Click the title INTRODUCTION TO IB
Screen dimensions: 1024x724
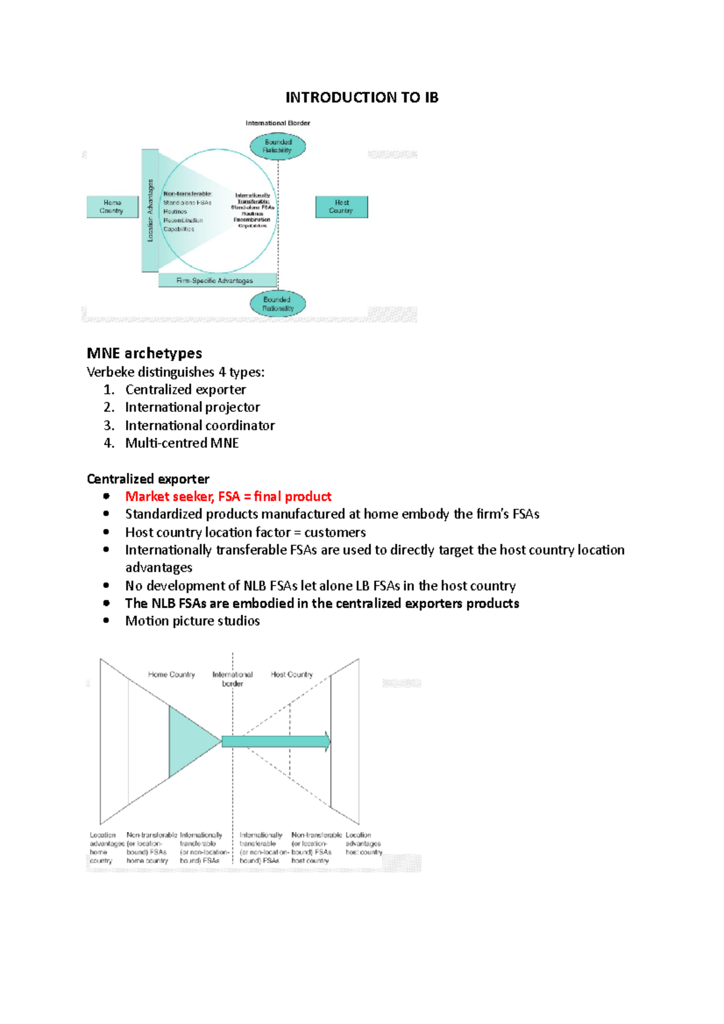pos(361,98)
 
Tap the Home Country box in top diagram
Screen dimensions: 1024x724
pos(112,207)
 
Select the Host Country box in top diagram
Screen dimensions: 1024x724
pos(341,207)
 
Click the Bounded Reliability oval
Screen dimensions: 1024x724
pos(278,147)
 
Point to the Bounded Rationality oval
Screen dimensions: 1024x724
pos(278,304)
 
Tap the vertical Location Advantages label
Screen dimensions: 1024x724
pos(150,211)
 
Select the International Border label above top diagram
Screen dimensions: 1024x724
pos(278,123)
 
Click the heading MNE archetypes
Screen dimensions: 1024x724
pos(144,353)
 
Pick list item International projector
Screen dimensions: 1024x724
pos(192,408)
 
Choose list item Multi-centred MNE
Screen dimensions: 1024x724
pos(182,443)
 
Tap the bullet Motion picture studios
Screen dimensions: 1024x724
pos(192,621)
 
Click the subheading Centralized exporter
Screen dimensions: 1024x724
pos(148,479)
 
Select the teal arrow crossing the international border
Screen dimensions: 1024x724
pos(276,742)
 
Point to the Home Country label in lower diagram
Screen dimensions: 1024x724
pos(171,675)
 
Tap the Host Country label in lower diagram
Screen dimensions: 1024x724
pos(291,675)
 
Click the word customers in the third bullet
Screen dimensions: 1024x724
pos(335,533)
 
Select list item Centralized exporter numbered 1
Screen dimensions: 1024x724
pos(185,390)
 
